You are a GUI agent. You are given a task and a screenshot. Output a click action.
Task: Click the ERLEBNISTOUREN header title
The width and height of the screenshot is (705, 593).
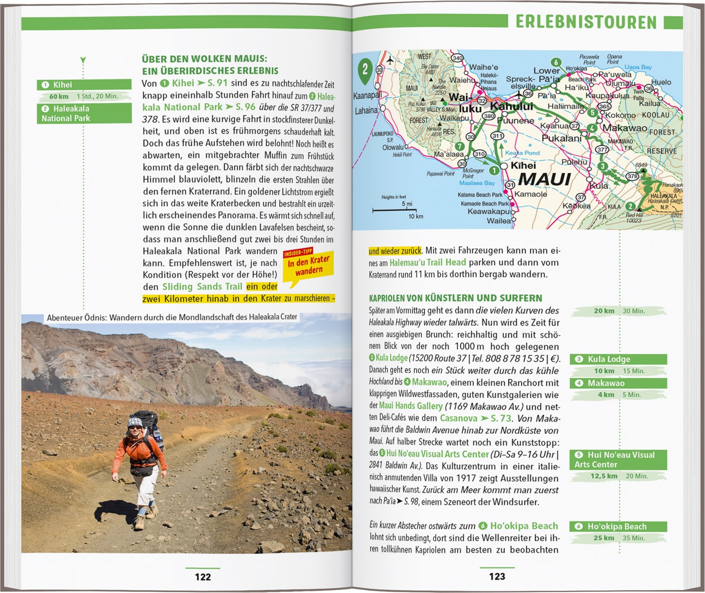tap(586, 22)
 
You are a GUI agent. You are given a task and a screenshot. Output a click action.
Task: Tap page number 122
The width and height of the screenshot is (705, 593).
tap(203, 577)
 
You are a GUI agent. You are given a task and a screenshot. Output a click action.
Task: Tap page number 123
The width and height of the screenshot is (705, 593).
tap(497, 576)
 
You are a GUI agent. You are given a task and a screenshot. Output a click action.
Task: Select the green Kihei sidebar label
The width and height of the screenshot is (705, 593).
tap(84, 85)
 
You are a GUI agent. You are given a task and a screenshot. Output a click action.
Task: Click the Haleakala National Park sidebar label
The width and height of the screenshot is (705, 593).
tap(84, 113)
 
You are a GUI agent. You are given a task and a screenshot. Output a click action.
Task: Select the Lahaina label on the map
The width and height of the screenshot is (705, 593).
tap(366, 110)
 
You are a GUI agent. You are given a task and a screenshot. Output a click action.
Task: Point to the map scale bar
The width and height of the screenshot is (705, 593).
tap(392, 210)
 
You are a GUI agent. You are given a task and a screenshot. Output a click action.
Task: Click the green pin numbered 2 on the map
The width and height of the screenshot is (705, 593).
tap(365, 70)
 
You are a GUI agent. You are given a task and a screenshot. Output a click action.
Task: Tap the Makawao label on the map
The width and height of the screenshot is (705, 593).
tap(624, 128)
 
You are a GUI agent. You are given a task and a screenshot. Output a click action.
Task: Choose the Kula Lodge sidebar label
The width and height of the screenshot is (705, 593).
tap(618, 359)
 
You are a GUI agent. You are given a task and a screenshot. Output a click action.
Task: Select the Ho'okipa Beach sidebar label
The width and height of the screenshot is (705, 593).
tap(618, 526)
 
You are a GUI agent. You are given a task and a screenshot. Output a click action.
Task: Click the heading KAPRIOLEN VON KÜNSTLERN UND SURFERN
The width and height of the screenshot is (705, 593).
tap(455, 298)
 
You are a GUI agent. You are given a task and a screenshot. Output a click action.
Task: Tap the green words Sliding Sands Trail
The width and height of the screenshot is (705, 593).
tap(202, 287)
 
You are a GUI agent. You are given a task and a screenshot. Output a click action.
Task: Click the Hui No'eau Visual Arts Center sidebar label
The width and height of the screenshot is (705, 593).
tap(618, 460)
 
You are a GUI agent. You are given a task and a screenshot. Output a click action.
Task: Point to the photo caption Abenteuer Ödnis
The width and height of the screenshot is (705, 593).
tap(172, 317)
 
